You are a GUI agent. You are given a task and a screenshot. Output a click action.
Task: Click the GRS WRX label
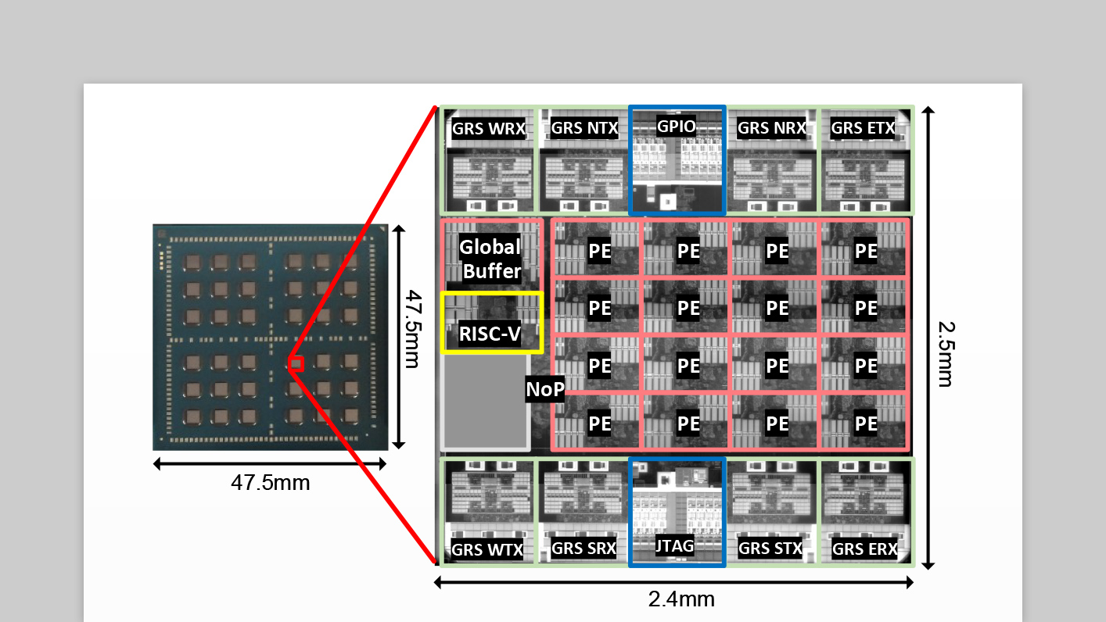tap(489, 128)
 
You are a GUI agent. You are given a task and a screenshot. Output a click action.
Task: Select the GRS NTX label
tap(584, 127)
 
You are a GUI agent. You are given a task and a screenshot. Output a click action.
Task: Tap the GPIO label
tap(677, 127)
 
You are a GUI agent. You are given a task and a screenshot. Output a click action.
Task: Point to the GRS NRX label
tap(771, 128)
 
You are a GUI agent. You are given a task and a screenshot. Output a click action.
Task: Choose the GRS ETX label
tap(863, 127)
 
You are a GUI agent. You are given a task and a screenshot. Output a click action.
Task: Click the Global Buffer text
tap(490, 259)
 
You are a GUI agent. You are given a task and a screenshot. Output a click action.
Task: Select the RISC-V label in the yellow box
tap(490, 334)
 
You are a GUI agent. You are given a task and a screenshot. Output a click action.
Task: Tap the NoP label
tap(545, 390)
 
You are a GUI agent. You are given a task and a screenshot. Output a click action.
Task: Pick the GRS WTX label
tap(487, 549)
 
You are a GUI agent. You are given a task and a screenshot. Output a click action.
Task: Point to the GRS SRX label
tap(584, 548)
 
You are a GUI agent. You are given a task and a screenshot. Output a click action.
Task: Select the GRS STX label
tap(770, 548)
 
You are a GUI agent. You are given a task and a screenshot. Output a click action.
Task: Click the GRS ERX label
tap(864, 549)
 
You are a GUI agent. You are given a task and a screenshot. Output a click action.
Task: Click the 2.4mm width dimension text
tap(680, 599)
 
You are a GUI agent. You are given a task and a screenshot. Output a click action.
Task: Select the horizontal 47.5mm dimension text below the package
tap(270, 482)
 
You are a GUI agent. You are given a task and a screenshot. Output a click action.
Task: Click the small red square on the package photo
tap(296, 363)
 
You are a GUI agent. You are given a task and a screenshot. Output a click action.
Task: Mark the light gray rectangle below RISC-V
tap(486, 402)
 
